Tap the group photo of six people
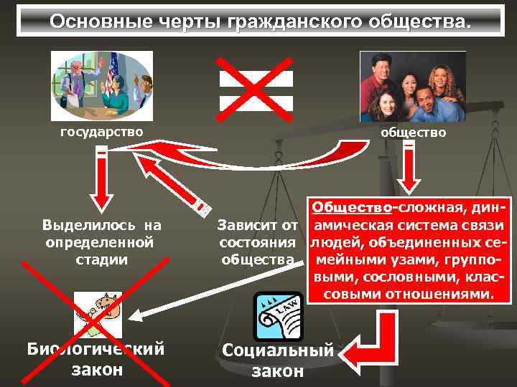(x=412, y=87)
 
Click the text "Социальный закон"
(x=278, y=360)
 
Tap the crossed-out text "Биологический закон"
(x=96, y=359)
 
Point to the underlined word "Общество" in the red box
(x=350, y=208)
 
